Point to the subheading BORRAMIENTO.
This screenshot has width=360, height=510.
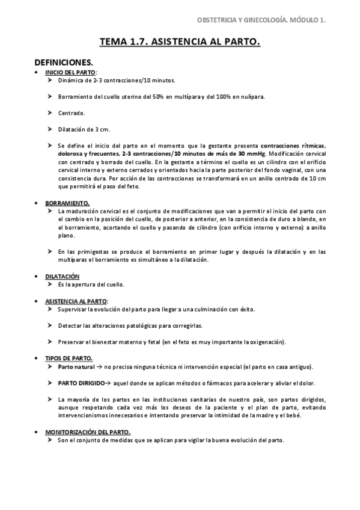click(x=67, y=203)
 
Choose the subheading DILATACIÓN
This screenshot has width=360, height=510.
click(x=63, y=276)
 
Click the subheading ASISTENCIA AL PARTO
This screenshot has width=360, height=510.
click(x=76, y=301)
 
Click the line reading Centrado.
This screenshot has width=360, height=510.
click(x=72, y=112)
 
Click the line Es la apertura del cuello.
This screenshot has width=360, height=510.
click(x=91, y=284)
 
